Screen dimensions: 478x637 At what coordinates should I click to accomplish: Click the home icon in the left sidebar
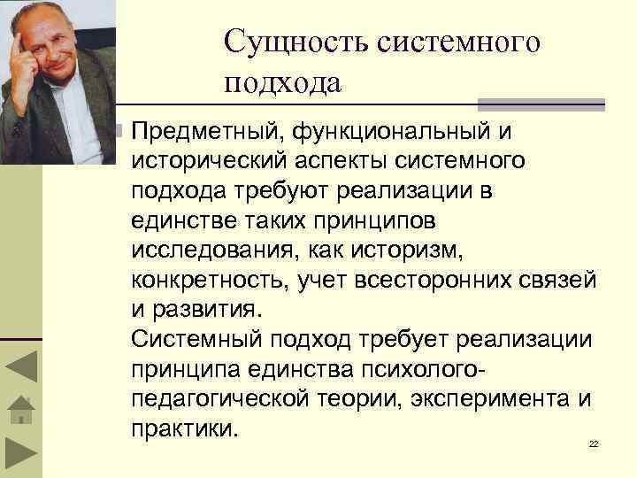pos(19,410)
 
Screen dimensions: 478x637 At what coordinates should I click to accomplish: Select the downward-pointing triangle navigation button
pos(19,454)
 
